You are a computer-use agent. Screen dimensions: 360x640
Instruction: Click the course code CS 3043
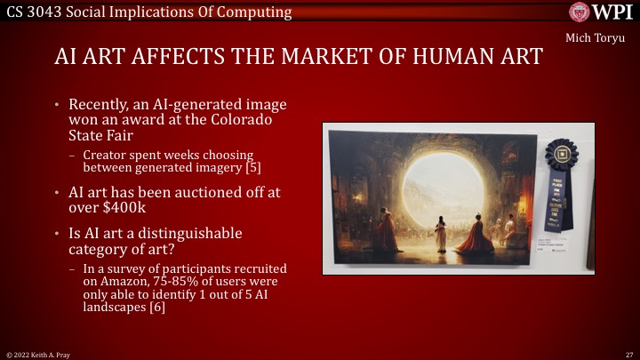31,12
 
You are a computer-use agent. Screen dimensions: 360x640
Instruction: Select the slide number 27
628,353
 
